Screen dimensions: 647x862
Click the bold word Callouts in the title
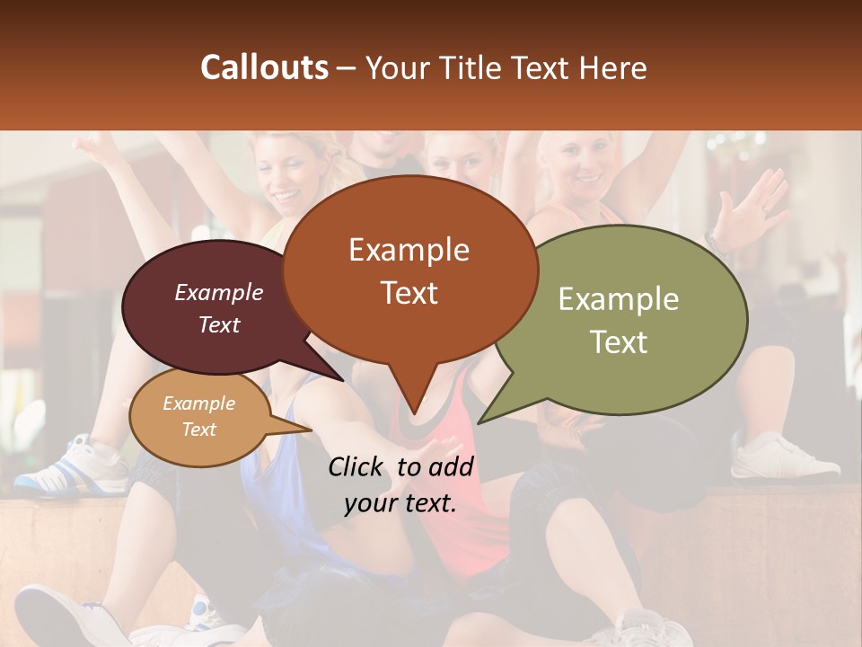click(264, 67)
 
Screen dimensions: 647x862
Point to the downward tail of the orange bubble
click(413, 395)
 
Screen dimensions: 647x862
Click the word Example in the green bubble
click(619, 299)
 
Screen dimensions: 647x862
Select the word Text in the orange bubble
click(409, 293)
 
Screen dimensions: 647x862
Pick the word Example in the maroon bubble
click(219, 293)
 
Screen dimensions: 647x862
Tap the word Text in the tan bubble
click(199, 430)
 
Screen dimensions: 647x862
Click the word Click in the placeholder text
click(357, 466)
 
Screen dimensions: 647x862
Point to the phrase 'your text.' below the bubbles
click(400, 503)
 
